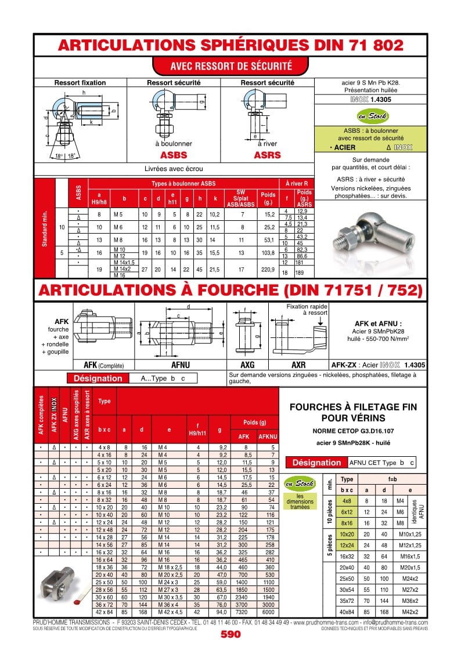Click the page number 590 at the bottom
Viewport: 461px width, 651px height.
tap(230, 634)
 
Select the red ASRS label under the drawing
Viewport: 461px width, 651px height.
tap(267, 155)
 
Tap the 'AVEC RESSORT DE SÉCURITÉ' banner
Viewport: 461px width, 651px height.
tap(230, 66)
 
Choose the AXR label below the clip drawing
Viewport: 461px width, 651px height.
tap(298, 365)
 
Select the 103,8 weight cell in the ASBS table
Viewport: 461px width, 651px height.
tap(268, 253)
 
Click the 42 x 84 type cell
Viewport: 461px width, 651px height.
tap(105, 612)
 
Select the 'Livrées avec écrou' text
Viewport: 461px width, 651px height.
tap(174, 169)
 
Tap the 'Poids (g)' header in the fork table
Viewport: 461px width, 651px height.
tap(255, 422)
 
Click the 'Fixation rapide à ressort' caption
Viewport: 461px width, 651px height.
tap(307, 309)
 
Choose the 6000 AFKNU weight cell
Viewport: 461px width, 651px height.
tap(268, 612)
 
